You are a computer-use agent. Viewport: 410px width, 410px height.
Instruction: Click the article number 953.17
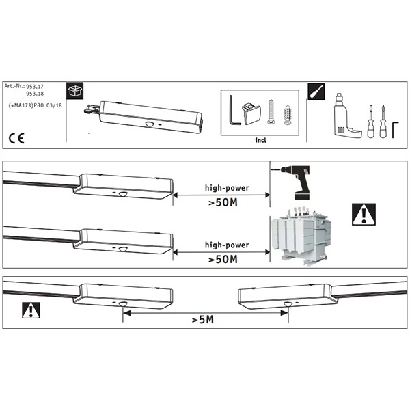coord(35,87)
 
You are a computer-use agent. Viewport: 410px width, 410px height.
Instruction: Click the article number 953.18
coord(35,94)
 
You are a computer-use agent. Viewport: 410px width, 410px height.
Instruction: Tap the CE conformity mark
coord(16,138)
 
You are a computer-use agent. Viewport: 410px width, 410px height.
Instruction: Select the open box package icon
coord(74,91)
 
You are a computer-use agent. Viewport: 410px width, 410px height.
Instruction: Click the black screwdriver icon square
coord(316,92)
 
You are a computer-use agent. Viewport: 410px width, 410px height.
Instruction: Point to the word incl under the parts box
coord(261,140)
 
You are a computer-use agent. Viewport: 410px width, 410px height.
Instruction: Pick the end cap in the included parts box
coord(251,113)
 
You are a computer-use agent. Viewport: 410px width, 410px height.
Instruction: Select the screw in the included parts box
coord(271,112)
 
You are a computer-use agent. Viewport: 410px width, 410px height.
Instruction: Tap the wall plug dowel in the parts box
coord(288,115)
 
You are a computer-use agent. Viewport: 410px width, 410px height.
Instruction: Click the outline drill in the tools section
coord(346,115)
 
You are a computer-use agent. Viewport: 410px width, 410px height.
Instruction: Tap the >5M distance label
coord(203,320)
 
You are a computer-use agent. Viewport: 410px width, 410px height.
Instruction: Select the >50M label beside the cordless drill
coord(223,202)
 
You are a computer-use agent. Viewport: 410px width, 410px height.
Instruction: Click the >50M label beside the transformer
coord(223,260)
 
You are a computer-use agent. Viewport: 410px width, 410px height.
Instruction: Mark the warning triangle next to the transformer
coord(364,214)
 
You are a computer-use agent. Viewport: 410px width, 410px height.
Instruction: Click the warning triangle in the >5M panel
coord(31,310)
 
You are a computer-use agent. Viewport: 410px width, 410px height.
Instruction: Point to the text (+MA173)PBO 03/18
coord(36,105)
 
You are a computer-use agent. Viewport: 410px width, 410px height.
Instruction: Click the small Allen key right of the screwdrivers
coord(394,129)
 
